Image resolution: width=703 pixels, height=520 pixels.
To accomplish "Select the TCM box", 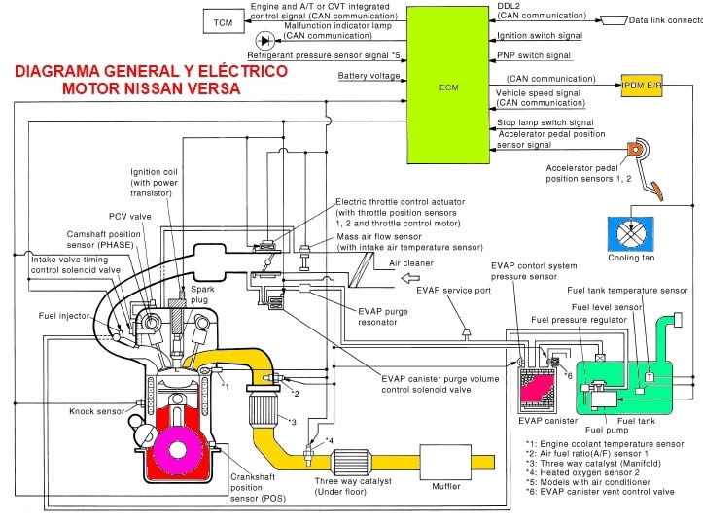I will coord(223,21).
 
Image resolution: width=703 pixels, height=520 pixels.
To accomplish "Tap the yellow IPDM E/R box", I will coord(643,87).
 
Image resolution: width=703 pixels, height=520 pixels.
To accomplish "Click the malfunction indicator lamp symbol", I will coord(264,40).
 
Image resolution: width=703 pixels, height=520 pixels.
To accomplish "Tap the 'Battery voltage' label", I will coord(369,76).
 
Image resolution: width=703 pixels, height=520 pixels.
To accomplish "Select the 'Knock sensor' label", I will coord(95,411).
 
